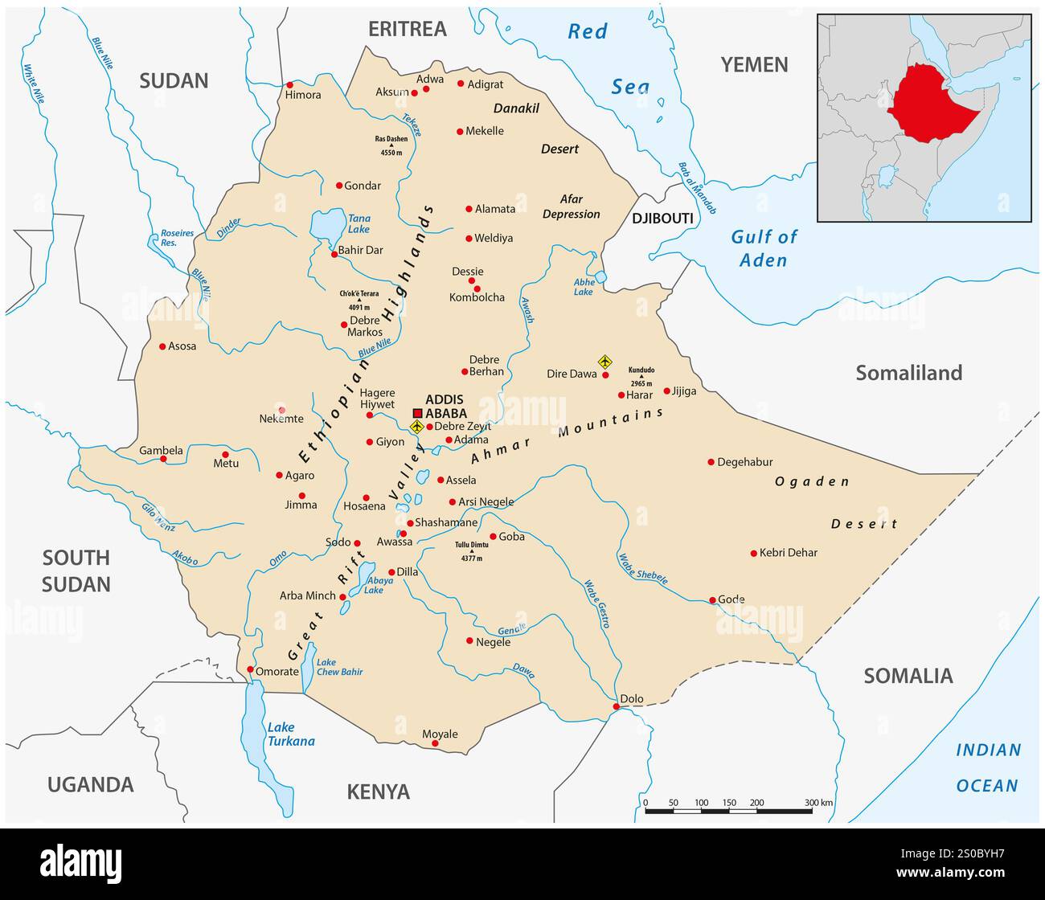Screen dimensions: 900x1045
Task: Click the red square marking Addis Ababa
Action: click(417, 413)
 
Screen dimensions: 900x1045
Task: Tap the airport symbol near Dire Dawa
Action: click(605, 362)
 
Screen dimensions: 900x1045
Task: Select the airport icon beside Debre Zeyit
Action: click(416, 427)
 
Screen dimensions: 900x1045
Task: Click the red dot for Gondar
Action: click(339, 186)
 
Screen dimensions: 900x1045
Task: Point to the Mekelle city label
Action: click(485, 131)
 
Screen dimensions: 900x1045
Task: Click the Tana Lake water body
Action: click(326, 226)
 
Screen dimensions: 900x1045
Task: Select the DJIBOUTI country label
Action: click(662, 219)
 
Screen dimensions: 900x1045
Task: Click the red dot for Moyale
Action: click(435, 743)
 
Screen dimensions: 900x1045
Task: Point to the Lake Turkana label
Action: click(291, 734)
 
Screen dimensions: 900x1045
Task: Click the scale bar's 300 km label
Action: click(818, 803)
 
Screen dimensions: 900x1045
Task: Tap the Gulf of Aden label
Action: click(764, 248)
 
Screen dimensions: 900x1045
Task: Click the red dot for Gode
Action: click(712, 600)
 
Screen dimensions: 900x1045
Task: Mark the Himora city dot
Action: click(290, 84)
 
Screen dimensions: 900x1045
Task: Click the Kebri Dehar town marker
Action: click(753, 553)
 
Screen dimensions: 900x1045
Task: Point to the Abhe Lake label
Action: click(583, 287)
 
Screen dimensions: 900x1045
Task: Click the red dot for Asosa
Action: click(162, 346)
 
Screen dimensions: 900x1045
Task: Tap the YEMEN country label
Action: click(753, 65)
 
